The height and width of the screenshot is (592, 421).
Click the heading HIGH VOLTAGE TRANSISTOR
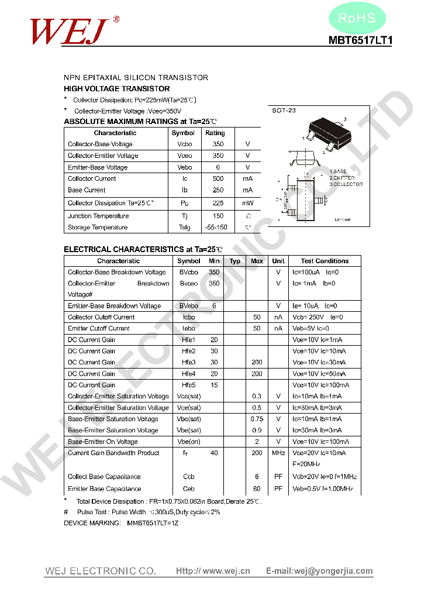116,88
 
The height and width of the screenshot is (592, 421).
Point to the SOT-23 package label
284,111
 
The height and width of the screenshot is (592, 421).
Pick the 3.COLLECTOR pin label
346,184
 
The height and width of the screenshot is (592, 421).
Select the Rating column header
215,133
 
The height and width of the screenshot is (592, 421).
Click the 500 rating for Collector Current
218,178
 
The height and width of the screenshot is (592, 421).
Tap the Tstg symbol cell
184,228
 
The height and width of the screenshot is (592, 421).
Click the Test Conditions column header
325,261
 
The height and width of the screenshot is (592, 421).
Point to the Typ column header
235,261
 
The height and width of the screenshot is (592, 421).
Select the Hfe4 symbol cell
188,374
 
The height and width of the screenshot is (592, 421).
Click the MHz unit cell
278,453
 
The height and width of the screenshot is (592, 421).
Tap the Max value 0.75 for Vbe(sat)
257,419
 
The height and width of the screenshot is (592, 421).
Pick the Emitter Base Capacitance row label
104,488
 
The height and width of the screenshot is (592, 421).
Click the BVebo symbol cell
188,306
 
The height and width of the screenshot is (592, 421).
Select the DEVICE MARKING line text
121,523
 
